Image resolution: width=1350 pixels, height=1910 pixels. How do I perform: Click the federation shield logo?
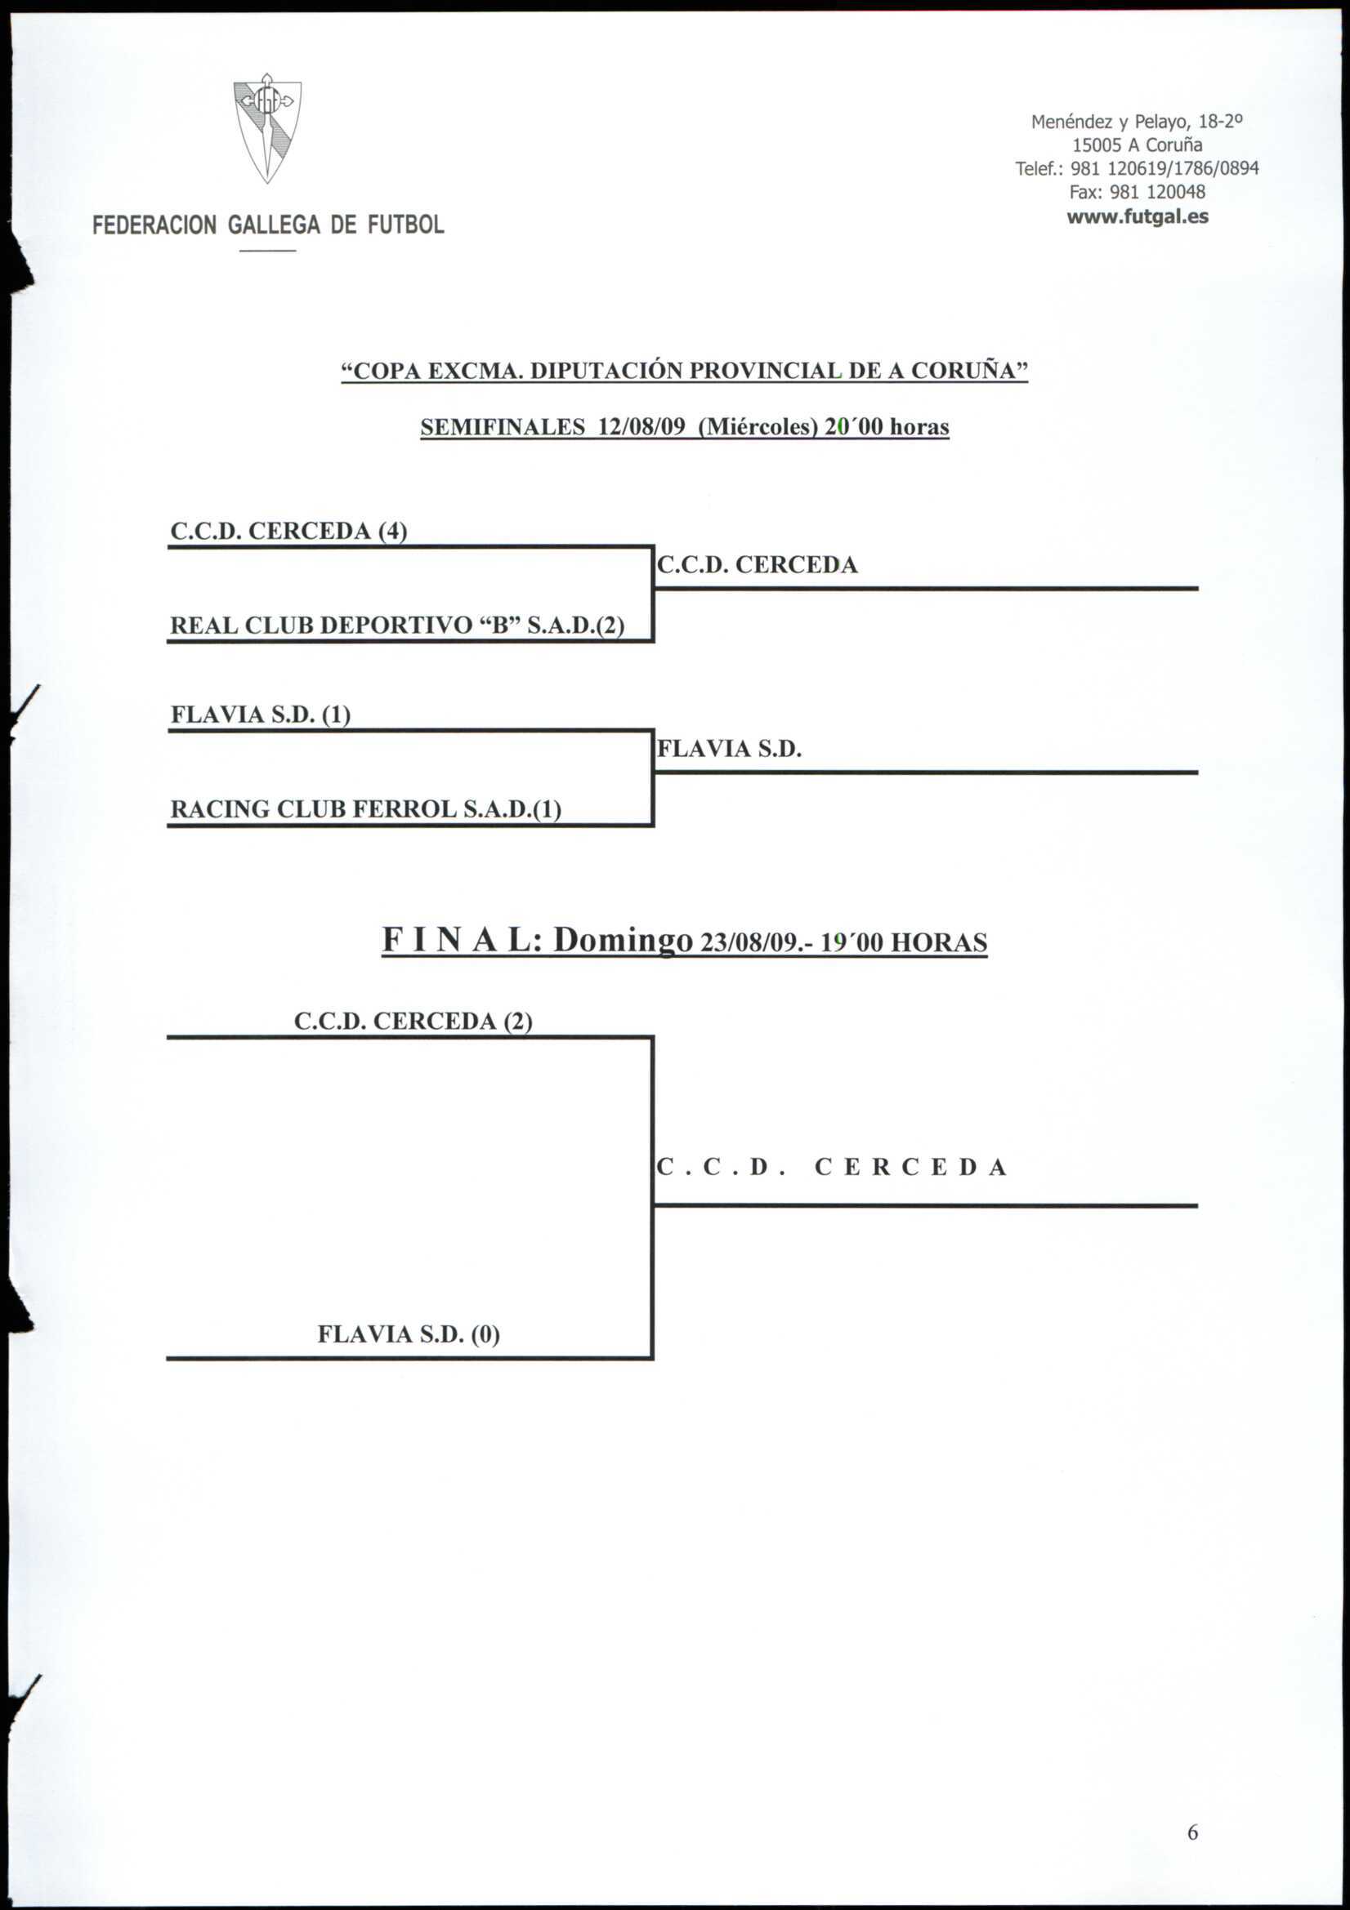[x=267, y=128]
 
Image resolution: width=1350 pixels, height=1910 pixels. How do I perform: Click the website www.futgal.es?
[x=1137, y=217]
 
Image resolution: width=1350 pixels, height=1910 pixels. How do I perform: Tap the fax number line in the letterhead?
[x=1137, y=192]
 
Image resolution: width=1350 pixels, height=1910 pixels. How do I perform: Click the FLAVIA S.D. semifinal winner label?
[x=729, y=749]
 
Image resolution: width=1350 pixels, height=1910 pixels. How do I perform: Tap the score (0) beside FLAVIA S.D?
[x=485, y=1334]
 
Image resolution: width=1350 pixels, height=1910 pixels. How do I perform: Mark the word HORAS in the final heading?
[x=939, y=943]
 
